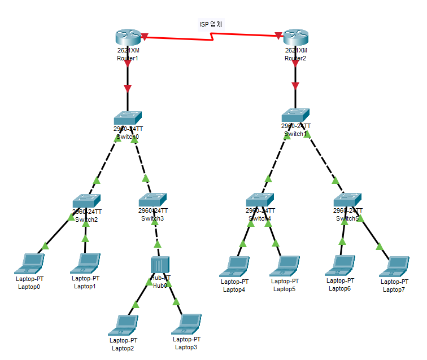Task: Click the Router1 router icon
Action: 128,37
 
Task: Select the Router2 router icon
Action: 296,37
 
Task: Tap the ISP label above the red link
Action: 211,24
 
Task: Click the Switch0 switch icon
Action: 128,117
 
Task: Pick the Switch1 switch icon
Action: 296,115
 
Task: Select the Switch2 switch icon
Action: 86,200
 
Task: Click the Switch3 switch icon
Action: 153,199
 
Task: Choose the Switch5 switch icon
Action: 347,200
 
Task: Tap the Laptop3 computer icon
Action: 188,323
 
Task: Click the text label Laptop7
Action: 394,289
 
